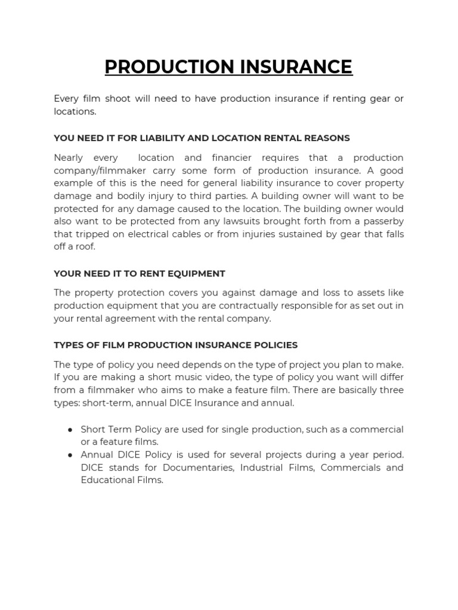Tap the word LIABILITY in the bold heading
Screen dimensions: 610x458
tap(164, 138)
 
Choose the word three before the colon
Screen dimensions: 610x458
tap(391, 390)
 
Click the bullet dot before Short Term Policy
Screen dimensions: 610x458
tap(70, 430)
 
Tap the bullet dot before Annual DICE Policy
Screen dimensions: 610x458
tap(70, 455)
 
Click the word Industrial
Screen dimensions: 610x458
tap(263, 468)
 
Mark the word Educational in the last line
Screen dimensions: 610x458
tap(106, 480)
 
